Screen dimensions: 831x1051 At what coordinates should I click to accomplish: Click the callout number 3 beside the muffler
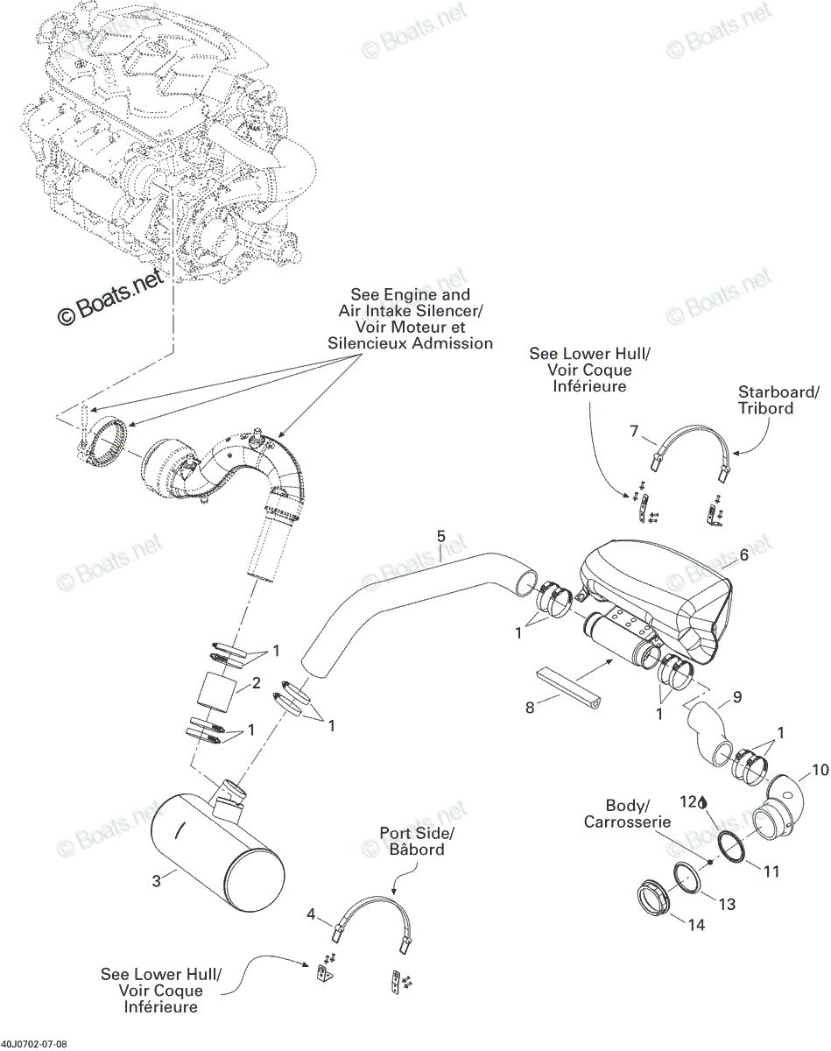click(x=156, y=882)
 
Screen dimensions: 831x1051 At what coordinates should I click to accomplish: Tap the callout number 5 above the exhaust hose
click(x=440, y=536)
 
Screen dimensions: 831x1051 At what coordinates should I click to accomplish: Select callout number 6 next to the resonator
click(x=743, y=554)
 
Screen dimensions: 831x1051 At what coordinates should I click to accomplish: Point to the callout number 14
click(x=696, y=925)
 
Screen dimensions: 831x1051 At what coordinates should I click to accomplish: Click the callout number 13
click(x=727, y=904)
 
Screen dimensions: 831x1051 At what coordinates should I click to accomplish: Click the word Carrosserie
click(x=627, y=822)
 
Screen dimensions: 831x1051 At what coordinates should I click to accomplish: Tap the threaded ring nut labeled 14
click(x=653, y=897)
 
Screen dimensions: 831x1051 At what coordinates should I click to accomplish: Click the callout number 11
click(x=771, y=871)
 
